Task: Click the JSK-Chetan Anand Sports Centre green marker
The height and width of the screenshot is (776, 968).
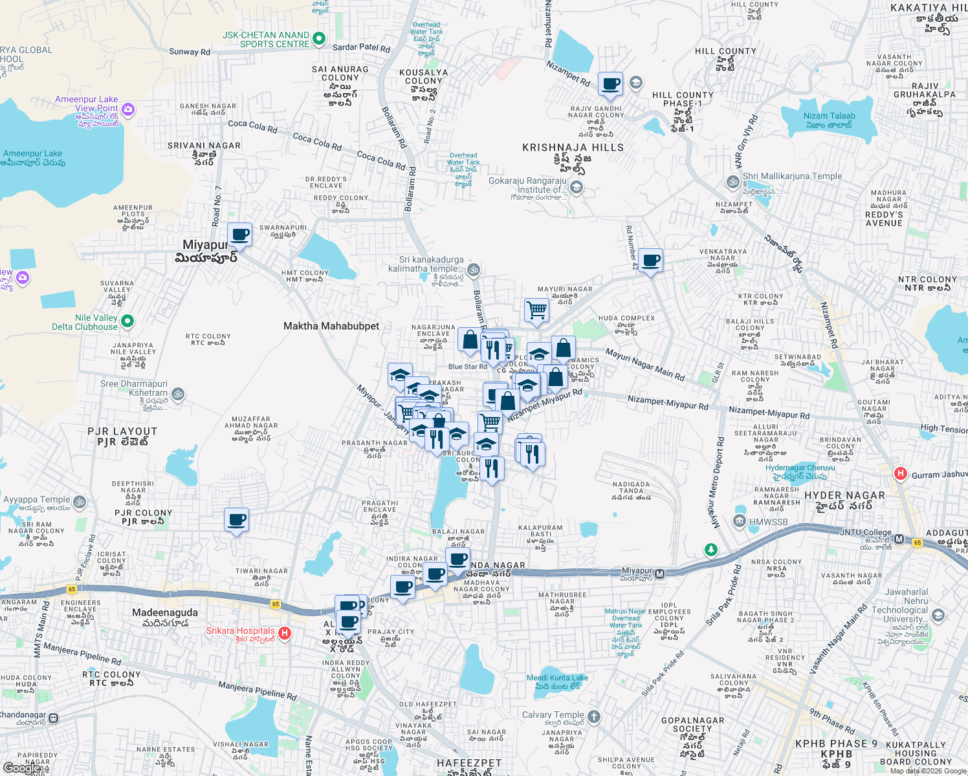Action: (x=318, y=39)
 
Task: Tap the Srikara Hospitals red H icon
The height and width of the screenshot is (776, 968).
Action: (x=284, y=633)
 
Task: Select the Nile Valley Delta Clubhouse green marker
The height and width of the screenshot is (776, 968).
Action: (x=127, y=321)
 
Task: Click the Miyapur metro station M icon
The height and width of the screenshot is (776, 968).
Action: (x=659, y=574)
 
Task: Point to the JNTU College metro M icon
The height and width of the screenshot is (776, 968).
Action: (x=899, y=539)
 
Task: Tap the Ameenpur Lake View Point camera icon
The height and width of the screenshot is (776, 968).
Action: (x=128, y=109)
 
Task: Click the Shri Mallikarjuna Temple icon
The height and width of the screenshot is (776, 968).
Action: (x=733, y=182)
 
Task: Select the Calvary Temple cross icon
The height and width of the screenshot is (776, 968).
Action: (x=594, y=717)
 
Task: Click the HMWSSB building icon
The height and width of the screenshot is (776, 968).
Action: (x=740, y=521)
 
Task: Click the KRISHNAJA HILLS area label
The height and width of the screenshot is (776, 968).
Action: (x=573, y=147)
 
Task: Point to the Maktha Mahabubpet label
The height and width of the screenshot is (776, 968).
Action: (x=331, y=326)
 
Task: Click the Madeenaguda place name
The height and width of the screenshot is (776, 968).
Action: (x=165, y=612)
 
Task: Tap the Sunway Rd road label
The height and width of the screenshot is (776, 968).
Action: (x=190, y=52)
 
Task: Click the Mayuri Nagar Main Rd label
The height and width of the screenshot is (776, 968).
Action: (x=644, y=364)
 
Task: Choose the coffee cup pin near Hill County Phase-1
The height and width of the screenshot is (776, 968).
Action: (x=610, y=84)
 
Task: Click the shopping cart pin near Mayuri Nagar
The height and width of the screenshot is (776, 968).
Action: (x=536, y=310)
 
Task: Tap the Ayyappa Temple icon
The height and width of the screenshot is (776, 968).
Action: (x=80, y=502)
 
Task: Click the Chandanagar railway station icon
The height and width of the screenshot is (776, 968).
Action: (x=53, y=718)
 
